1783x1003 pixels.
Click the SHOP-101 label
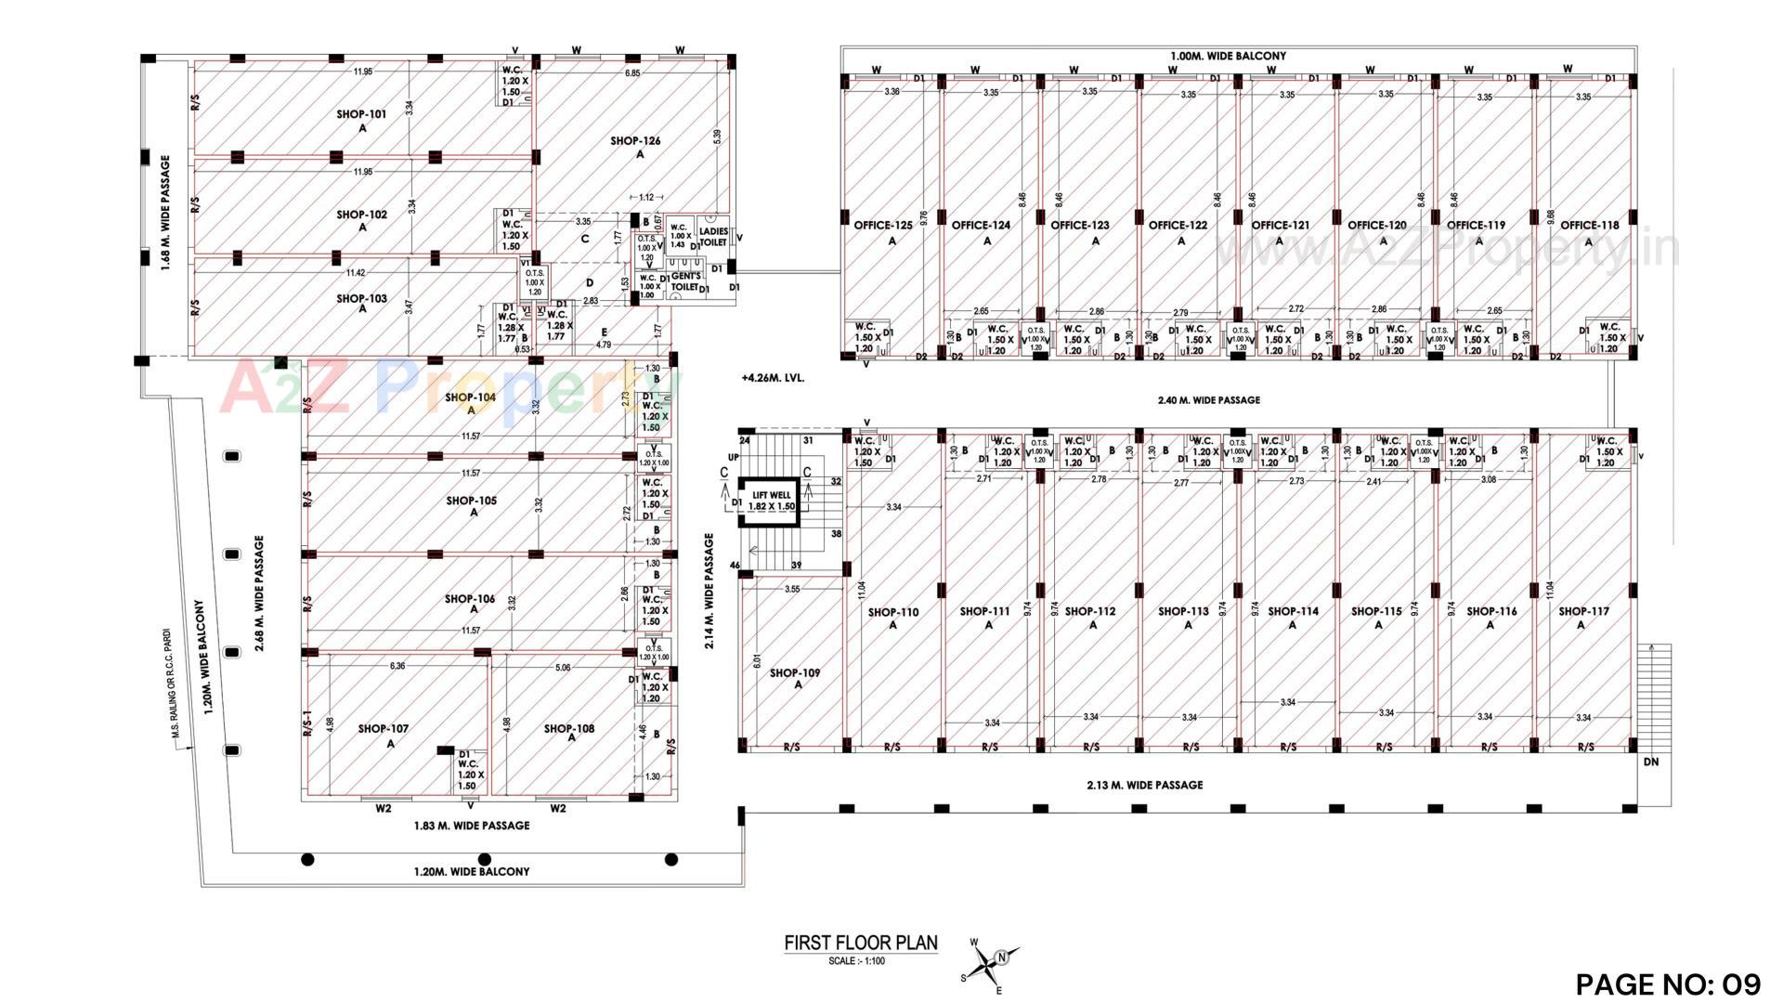361,115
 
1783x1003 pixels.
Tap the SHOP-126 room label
635,141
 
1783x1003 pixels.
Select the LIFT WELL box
773,501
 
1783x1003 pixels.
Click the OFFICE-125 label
883,225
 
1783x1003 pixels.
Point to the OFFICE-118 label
1589,225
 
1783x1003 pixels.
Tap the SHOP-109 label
794,672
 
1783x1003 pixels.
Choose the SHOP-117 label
1583,611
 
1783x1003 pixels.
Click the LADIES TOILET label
713,236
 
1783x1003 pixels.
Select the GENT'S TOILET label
684,281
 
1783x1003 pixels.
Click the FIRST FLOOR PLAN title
861,944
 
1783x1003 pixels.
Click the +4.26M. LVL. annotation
773,379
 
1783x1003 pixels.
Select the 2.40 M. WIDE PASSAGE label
1208,400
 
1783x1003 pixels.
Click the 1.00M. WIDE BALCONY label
1228,56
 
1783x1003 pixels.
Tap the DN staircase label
1650,762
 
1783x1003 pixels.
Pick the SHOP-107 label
383,729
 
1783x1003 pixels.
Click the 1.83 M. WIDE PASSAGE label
471,826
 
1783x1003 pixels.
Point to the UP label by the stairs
733,458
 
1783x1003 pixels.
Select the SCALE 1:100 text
856,961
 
